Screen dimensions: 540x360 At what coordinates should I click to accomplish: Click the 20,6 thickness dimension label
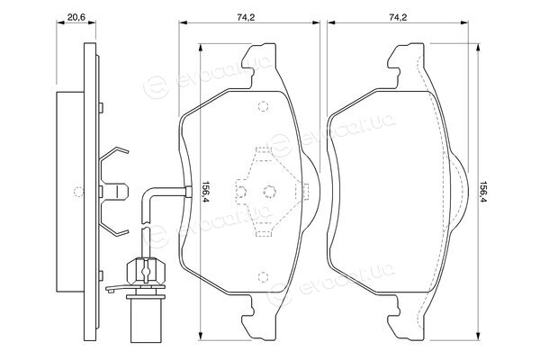click(76, 17)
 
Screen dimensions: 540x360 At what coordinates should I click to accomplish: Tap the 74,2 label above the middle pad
click(246, 17)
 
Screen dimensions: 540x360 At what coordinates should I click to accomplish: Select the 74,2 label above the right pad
click(398, 17)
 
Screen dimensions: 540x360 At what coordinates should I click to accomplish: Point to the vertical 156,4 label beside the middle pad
click(205, 192)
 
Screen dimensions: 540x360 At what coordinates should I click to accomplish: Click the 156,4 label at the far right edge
click(484, 192)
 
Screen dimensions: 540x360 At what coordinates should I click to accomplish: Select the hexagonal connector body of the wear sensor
click(146, 272)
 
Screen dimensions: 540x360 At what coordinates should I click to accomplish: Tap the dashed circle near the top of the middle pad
click(263, 106)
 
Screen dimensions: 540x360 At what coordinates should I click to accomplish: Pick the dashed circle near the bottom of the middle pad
click(263, 276)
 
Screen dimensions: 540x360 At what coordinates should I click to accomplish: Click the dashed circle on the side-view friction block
click(79, 192)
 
